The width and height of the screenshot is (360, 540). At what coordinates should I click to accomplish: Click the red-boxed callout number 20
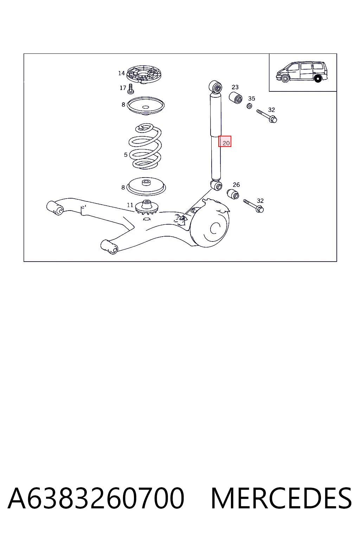pyautogui.click(x=226, y=143)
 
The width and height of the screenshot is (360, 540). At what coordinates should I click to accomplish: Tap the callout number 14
pyautogui.click(x=121, y=73)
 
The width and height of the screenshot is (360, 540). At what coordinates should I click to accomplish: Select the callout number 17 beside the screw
pyautogui.click(x=123, y=88)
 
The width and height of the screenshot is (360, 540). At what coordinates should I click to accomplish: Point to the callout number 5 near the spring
pyautogui.click(x=126, y=155)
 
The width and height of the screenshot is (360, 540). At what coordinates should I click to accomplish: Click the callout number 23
pyautogui.click(x=235, y=87)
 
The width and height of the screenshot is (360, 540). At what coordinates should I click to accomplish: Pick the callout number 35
pyautogui.click(x=251, y=98)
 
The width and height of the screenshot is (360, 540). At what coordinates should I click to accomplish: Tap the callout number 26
pyautogui.click(x=236, y=185)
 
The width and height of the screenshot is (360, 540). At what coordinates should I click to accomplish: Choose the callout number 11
pyautogui.click(x=130, y=205)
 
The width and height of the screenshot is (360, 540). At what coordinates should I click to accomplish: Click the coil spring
pyautogui.click(x=145, y=146)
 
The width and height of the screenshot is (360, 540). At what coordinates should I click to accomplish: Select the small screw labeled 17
pyautogui.click(x=131, y=89)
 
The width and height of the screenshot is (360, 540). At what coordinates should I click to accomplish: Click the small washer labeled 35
pyautogui.click(x=249, y=106)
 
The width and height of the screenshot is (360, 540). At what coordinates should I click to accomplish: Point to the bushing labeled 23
pyautogui.click(x=236, y=98)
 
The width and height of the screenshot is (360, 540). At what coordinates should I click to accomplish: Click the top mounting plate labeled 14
pyautogui.click(x=144, y=75)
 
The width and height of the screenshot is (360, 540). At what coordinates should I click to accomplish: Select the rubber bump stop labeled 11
pyautogui.click(x=147, y=207)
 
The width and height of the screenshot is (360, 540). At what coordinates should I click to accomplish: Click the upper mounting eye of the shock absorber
pyautogui.click(x=215, y=87)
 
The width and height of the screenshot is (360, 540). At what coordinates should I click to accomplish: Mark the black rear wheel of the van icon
pyautogui.click(x=318, y=79)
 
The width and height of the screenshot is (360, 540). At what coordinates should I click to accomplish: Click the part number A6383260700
pyautogui.click(x=96, y=498)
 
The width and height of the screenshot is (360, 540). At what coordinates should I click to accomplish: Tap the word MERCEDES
pyautogui.click(x=281, y=498)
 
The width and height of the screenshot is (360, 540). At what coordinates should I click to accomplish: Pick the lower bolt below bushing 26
pyautogui.click(x=253, y=206)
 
